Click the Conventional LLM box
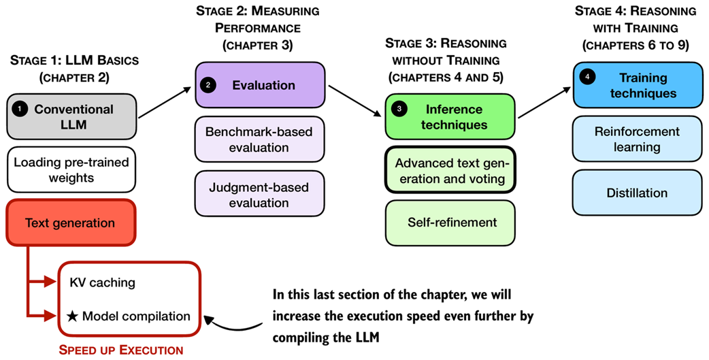pos(71,117)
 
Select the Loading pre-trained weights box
pos(71,170)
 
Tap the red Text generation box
pos(71,223)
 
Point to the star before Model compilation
pos(73,316)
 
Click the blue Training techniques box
pos(637,85)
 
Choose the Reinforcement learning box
pos(637,139)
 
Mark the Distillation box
pos(637,193)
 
